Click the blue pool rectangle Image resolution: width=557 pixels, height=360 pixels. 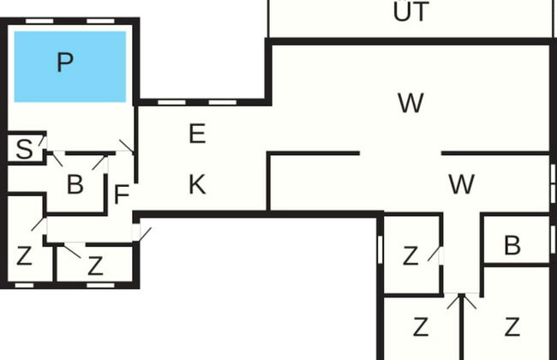(70, 65)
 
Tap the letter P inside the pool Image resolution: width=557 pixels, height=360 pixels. (64, 63)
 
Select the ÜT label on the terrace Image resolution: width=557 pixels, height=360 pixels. (410, 12)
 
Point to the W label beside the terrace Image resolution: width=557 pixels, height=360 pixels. (410, 104)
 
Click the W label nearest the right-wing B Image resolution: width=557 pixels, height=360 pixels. (461, 183)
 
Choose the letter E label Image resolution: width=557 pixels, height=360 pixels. (197, 134)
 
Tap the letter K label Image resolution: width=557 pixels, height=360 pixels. (197, 184)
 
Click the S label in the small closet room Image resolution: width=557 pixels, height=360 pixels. (25, 151)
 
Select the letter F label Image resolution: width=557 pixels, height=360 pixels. (122, 195)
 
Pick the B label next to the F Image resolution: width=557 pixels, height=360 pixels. (75, 184)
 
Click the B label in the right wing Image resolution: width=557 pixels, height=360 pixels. (512, 246)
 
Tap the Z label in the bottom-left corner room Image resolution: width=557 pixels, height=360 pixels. (24, 256)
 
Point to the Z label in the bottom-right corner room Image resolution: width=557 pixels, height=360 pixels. (512, 327)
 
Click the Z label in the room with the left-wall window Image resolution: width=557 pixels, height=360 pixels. (410, 255)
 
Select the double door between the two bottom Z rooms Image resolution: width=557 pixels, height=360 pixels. (461, 302)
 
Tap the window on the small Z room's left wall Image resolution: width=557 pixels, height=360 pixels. (380, 249)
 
